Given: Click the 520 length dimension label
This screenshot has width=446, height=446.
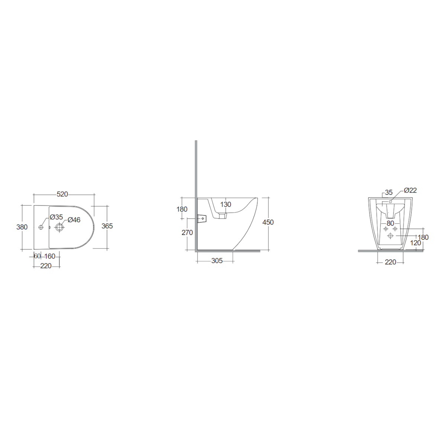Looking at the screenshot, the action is (62, 194).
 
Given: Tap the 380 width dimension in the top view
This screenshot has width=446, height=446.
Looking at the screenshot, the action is (22, 227).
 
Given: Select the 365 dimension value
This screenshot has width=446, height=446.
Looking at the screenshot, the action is (107, 226).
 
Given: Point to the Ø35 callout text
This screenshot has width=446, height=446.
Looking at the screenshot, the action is (56, 217).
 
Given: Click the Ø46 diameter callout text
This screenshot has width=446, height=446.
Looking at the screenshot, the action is (74, 220).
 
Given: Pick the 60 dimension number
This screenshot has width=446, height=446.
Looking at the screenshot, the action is (37, 256).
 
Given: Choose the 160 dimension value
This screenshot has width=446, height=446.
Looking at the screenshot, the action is (50, 256).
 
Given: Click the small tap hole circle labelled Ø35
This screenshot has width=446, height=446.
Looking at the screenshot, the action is (41, 227).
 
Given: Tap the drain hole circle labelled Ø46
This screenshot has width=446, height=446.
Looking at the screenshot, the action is (60, 227).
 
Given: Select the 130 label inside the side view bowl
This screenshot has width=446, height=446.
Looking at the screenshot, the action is (226, 204).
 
